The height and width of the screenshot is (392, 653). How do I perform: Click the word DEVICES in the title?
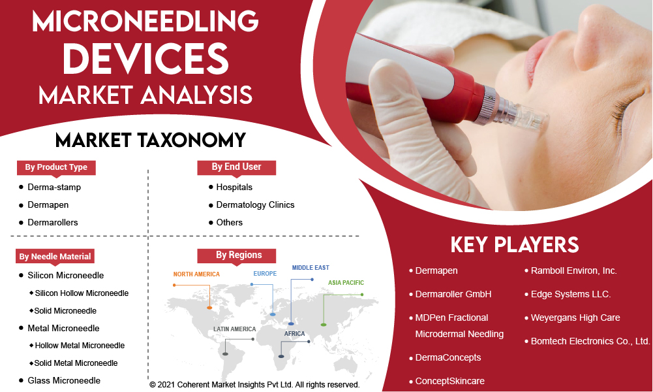coord(145,58)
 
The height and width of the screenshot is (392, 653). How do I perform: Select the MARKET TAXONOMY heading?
coord(150,140)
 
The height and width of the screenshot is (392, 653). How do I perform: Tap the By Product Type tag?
coord(56,167)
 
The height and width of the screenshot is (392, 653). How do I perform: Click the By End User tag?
coord(237,167)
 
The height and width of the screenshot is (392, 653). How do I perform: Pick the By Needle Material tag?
coord(55,257)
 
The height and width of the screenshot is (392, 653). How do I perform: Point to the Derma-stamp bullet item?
coord(54,188)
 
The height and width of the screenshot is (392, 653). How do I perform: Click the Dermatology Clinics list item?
coord(255,204)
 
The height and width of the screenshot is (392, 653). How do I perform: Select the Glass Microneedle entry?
coord(64,380)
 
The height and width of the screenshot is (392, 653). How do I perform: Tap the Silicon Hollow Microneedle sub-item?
coord(82,293)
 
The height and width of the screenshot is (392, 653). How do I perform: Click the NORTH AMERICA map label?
coord(196,274)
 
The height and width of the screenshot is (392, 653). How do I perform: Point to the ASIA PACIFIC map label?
coord(346,283)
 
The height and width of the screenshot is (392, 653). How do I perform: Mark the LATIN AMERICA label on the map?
coord(234,329)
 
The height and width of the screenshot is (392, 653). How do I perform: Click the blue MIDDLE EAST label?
coord(311,268)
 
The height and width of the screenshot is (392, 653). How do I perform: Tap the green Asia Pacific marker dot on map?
coord(324,325)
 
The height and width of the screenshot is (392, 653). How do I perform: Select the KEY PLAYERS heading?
coord(515,245)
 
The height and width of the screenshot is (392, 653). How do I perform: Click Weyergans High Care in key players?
coord(575,318)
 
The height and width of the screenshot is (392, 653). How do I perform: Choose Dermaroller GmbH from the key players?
coord(453,294)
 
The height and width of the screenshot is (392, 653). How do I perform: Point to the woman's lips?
coord(538,58)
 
